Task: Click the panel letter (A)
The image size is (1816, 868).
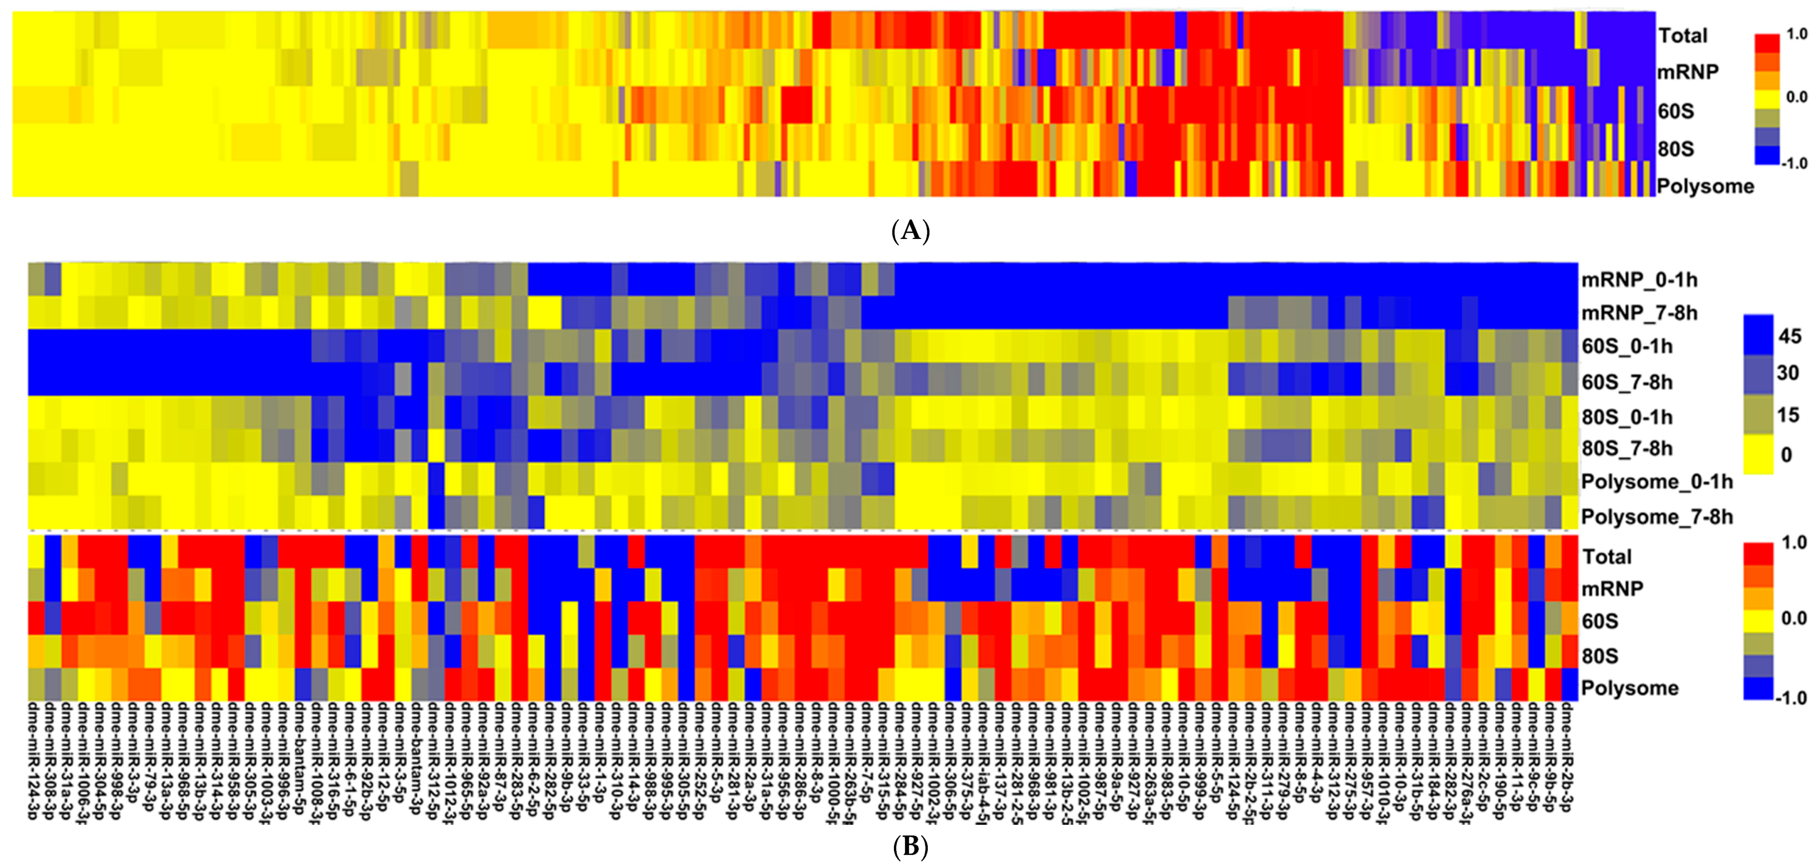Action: point(910,231)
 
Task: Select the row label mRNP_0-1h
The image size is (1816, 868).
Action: point(1639,280)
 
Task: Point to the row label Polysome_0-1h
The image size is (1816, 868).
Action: point(1657,482)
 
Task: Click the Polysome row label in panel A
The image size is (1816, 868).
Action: point(1704,186)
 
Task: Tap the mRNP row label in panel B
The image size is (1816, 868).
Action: point(1612,589)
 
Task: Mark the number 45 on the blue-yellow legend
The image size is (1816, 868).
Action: point(1789,337)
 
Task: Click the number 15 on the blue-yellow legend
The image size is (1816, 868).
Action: point(1788,415)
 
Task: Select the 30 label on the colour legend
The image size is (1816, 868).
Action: point(1788,372)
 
